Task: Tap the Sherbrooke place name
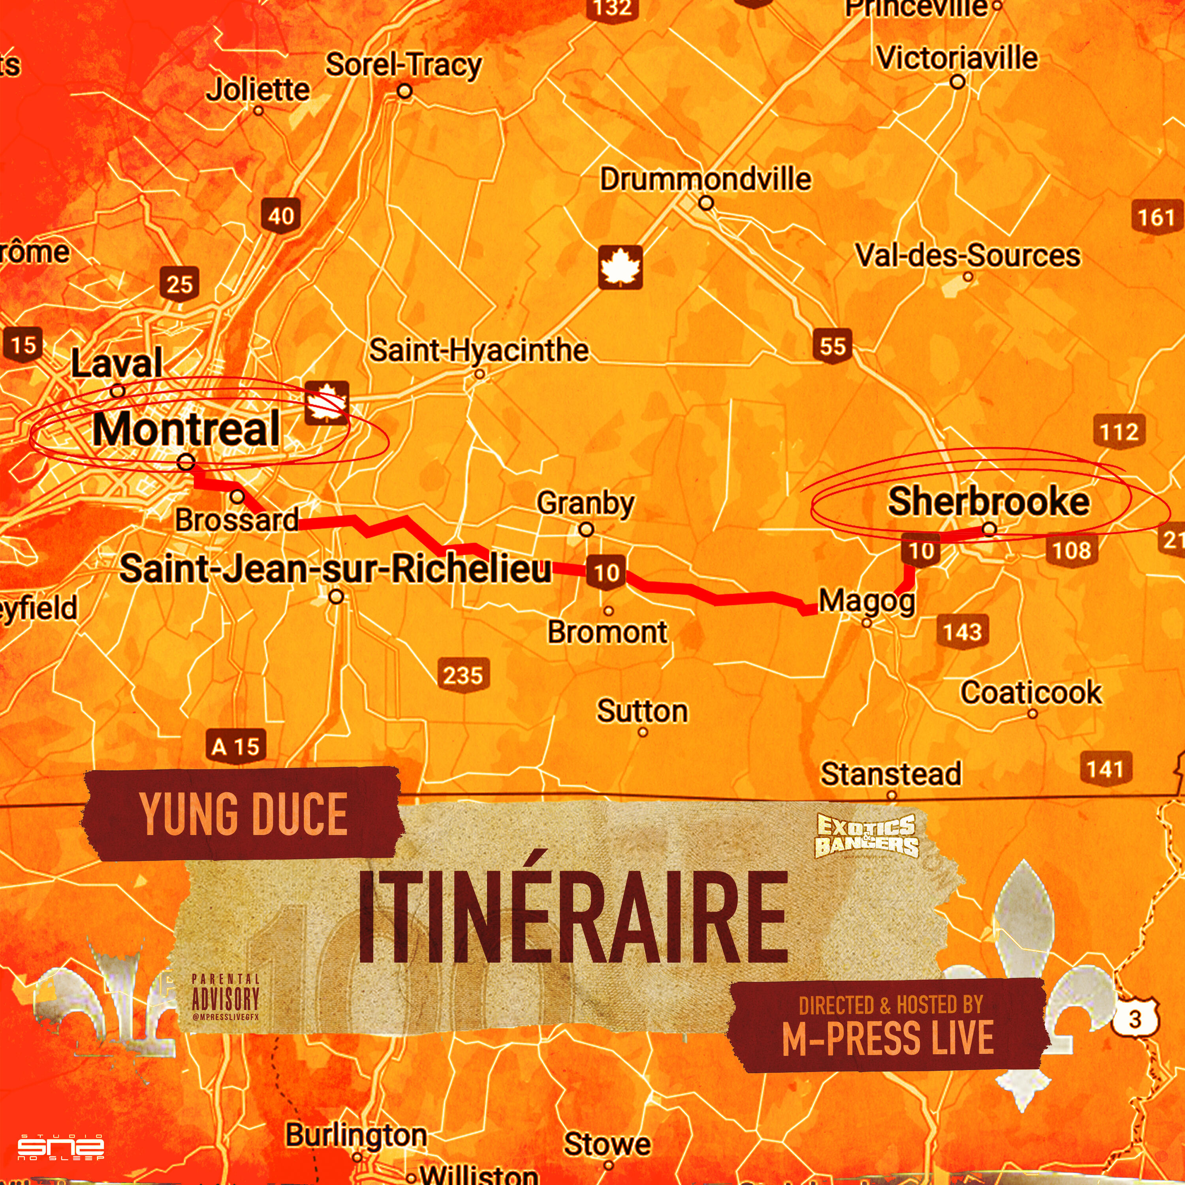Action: tap(988, 502)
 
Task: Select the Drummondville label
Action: tap(705, 179)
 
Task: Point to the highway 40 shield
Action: tap(281, 216)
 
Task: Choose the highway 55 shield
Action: tap(832, 346)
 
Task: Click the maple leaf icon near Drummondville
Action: tap(621, 267)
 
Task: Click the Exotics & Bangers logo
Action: tap(866, 835)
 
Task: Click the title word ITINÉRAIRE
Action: tap(573, 918)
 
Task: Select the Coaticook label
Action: tap(1031, 692)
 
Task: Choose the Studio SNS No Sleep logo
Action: tap(61, 1146)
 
